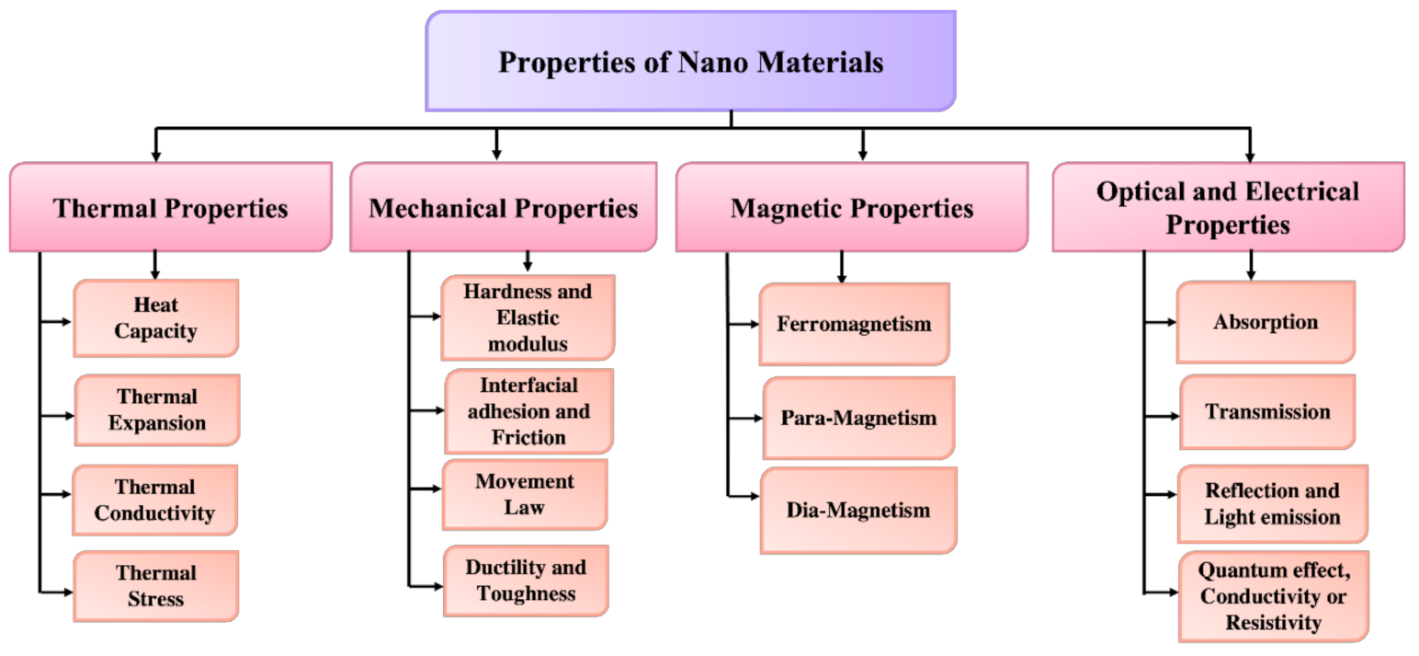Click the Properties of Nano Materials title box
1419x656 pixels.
coord(690,62)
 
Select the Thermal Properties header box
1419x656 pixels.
coord(170,208)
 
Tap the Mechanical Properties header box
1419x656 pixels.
coord(504,208)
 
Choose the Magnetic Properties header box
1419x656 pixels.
coord(851,208)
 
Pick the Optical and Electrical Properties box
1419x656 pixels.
coord(1228,208)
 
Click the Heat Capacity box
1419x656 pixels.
coord(155,318)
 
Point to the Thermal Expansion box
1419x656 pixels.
coord(156,410)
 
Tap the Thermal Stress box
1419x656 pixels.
coord(155,586)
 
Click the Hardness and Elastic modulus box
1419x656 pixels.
coord(528,317)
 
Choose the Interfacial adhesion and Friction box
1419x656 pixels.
coord(528,410)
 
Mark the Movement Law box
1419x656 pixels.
coord(525,494)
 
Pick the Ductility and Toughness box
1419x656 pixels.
coord(526,581)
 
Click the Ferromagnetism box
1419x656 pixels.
coord(854,324)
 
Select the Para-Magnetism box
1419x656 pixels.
coord(858,418)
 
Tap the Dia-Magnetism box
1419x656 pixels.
coord(858,510)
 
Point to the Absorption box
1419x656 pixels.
coord(1266,322)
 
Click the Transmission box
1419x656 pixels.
coord(1267,411)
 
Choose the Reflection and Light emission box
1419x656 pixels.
coord(1272,503)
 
